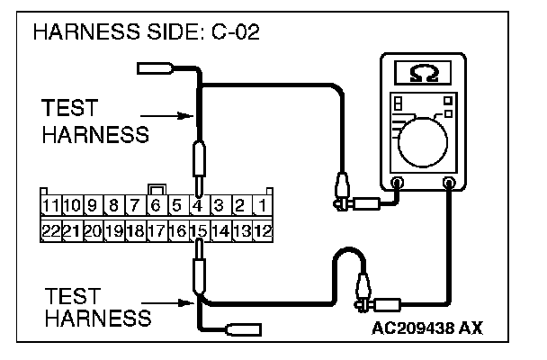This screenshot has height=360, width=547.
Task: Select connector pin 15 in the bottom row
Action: click(x=198, y=229)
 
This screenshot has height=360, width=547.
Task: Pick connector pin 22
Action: click(x=49, y=229)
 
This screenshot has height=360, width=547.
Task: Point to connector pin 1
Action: click(x=261, y=206)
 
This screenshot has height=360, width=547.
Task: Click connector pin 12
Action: click(x=262, y=229)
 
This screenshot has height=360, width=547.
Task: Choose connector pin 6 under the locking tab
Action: click(x=156, y=206)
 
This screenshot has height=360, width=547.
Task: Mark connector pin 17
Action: click(x=156, y=229)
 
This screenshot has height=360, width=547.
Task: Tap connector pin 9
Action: click(x=93, y=206)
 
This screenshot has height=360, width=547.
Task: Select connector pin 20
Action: click(x=93, y=229)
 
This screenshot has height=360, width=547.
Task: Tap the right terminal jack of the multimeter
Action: click(x=449, y=183)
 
